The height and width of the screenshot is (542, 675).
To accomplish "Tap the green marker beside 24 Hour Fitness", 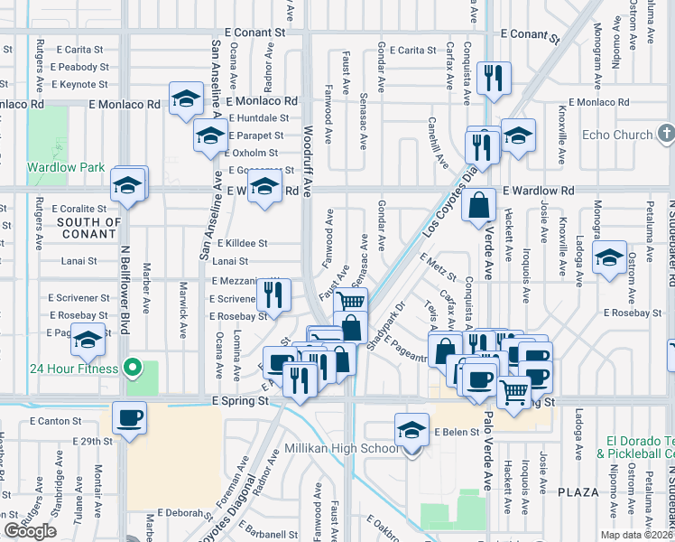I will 133,368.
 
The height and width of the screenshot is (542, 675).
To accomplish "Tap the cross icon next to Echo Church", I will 666,135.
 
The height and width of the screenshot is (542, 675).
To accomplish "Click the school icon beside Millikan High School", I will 411,428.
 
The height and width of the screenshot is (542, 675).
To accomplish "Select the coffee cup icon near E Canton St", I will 129,419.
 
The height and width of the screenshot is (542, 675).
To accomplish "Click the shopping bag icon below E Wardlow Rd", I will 478,204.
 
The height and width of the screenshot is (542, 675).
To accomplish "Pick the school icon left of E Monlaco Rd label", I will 187,99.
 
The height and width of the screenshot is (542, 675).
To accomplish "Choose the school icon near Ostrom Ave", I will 610,257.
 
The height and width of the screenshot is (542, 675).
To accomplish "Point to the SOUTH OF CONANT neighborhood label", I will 88,228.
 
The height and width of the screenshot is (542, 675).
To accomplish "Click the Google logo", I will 30,531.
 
